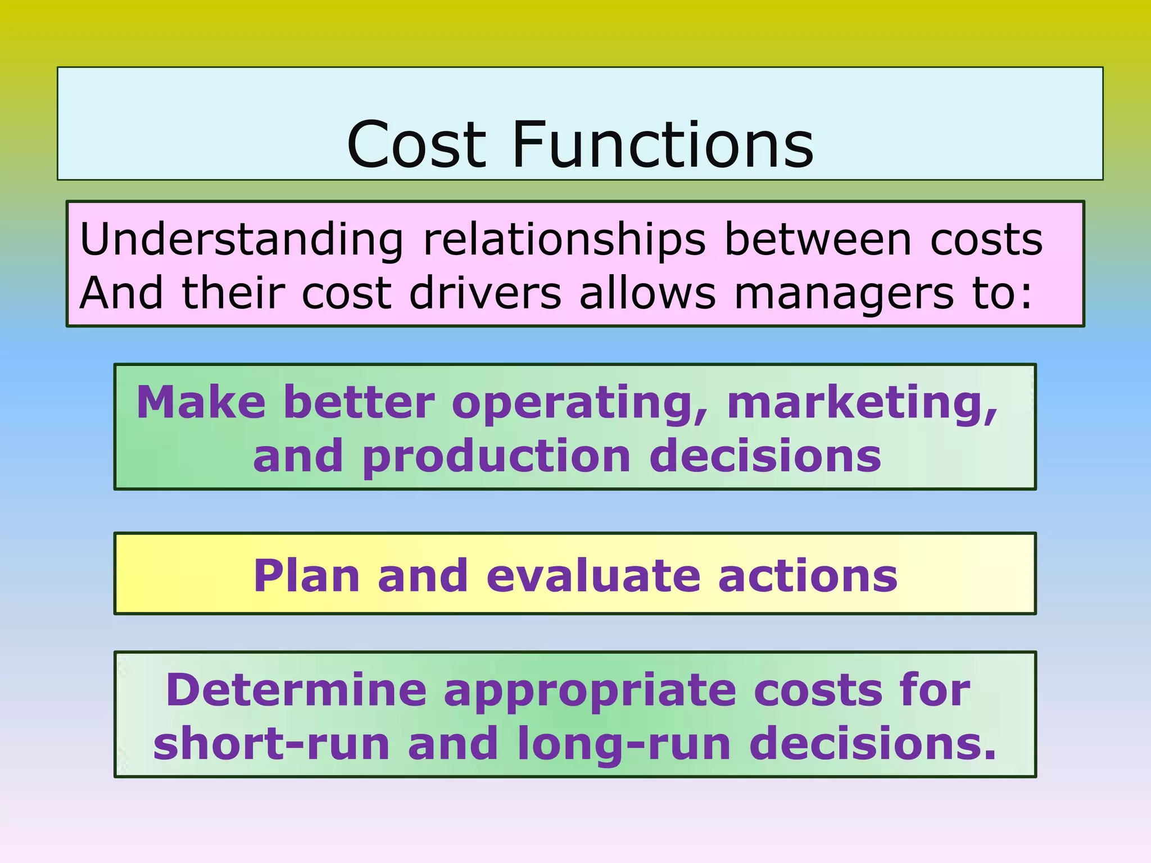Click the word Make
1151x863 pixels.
coord(201,402)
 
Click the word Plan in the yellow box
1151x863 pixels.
coord(306,576)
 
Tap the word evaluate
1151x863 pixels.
coord(593,575)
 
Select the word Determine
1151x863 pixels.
coord(296,690)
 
